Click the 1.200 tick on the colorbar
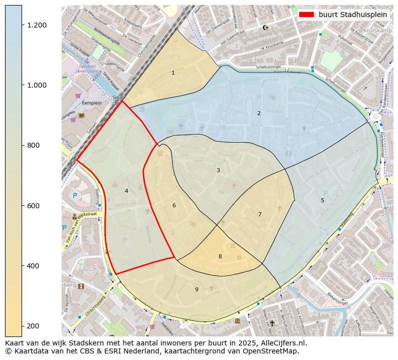tap(23, 25)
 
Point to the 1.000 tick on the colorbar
tap(23, 85)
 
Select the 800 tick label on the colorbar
tap(33, 145)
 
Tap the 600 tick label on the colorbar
tap(33, 206)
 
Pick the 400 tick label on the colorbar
tap(33, 266)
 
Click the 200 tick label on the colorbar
tap(33, 326)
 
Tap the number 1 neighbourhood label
tap(173, 73)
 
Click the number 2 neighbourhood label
tap(259, 113)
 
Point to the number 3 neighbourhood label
tap(218, 171)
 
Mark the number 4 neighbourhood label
tap(126, 191)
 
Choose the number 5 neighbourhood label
tap(322, 201)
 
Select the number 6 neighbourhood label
tap(174, 206)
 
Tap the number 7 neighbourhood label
tap(260, 215)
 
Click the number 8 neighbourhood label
tap(220, 257)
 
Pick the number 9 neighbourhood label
tap(196, 289)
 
